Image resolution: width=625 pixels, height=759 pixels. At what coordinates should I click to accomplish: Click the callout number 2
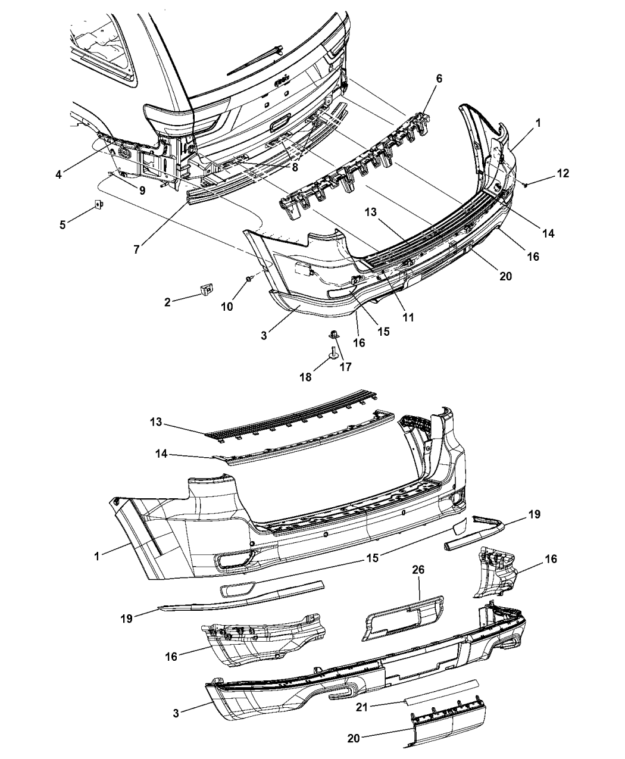tap(167, 302)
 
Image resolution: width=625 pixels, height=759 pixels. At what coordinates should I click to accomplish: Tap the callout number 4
tap(58, 174)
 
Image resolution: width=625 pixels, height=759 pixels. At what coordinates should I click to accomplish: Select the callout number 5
tap(62, 224)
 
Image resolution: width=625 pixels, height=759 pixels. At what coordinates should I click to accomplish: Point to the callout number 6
tap(439, 79)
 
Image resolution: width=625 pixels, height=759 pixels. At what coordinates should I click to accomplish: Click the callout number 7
tap(136, 250)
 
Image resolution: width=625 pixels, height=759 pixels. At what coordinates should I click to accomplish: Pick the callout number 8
tap(295, 168)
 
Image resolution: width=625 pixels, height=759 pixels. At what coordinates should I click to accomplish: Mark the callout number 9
tap(142, 190)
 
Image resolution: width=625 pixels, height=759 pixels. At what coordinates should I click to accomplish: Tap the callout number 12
tap(563, 173)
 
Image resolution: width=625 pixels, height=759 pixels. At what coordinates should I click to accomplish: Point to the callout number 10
tap(227, 307)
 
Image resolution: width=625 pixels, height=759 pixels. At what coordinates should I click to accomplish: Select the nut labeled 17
tap(333, 334)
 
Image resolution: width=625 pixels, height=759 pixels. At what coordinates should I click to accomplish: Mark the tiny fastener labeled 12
tap(526, 185)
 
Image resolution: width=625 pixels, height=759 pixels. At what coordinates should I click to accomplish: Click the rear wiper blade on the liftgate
tap(255, 60)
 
